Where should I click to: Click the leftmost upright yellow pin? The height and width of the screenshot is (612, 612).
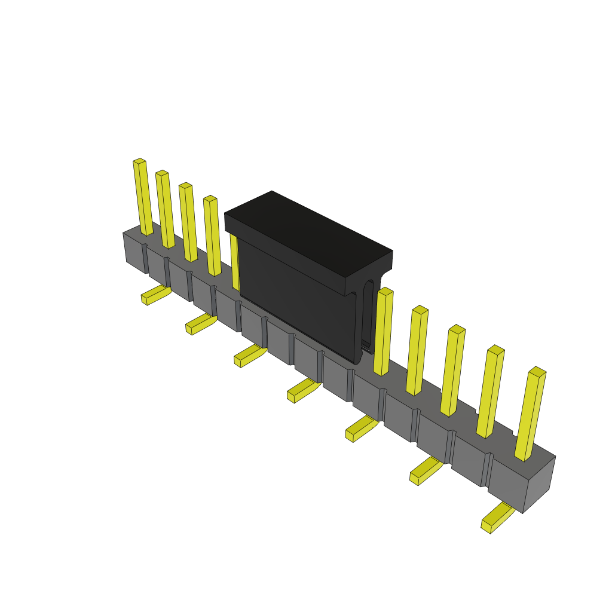click(143, 197)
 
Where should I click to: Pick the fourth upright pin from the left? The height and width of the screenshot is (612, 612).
click(212, 236)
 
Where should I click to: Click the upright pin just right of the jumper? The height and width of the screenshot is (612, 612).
click(383, 332)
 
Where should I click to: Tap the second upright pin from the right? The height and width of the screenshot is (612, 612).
click(491, 391)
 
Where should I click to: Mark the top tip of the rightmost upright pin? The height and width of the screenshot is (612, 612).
click(537, 372)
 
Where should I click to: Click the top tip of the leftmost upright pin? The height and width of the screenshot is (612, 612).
click(139, 161)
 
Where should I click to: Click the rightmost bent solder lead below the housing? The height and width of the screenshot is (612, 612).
click(497, 518)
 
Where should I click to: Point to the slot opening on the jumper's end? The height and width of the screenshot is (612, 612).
click(368, 314)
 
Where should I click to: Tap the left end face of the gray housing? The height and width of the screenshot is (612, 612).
click(134, 251)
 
